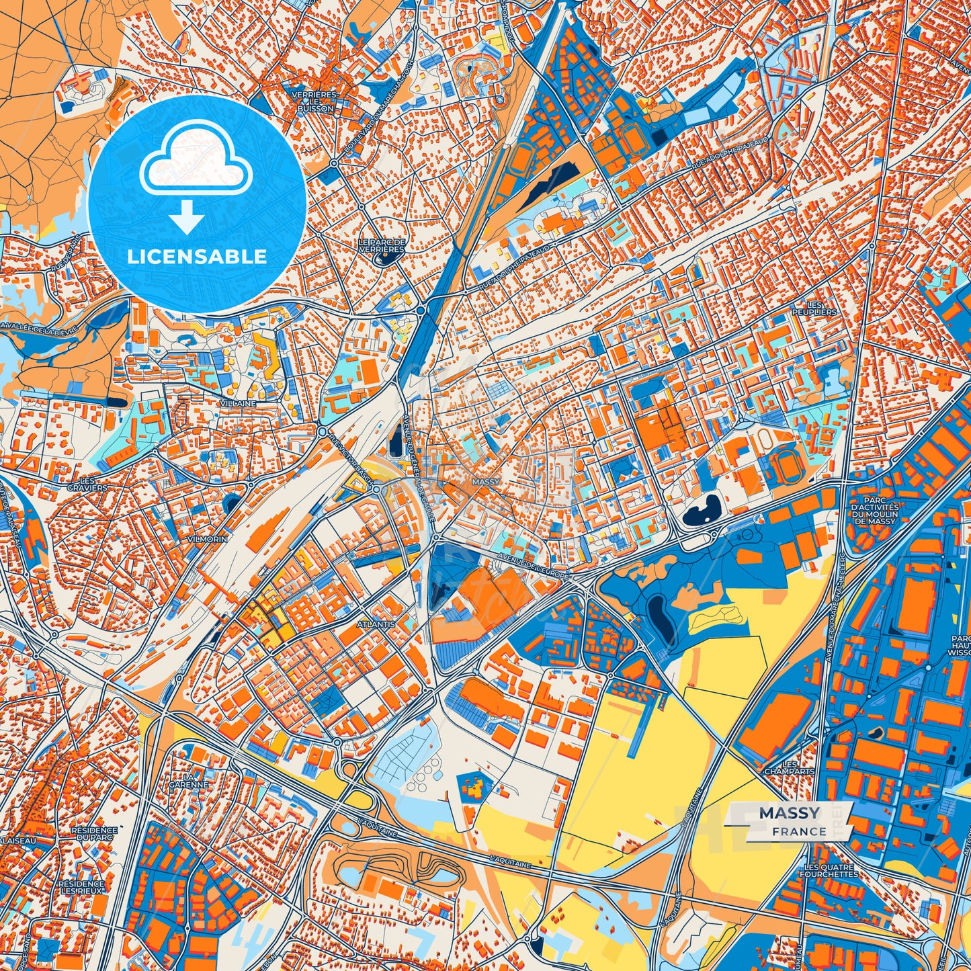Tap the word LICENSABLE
[x=197, y=256]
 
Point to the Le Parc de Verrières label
[x=382, y=245]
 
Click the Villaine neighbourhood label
[x=238, y=403]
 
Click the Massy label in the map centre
[x=486, y=482]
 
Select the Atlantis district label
[x=376, y=624]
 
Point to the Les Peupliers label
[x=814, y=308]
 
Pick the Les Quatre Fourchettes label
[x=829, y=870]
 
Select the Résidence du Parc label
[x=94, y=834]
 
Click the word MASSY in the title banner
[x=790, y=813]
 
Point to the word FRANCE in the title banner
[x=799, y=831]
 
